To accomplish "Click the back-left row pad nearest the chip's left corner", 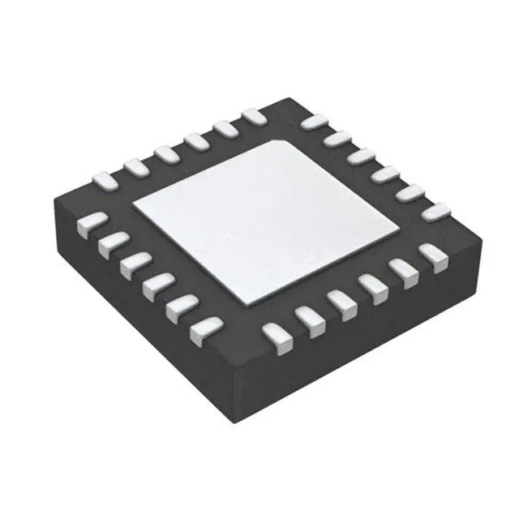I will (x=103, y=178).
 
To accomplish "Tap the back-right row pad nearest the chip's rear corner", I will (x=311, y=122).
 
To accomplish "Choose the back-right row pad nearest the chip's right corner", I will (x=436, y=213).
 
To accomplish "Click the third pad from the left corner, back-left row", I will (x=165, y=152).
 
